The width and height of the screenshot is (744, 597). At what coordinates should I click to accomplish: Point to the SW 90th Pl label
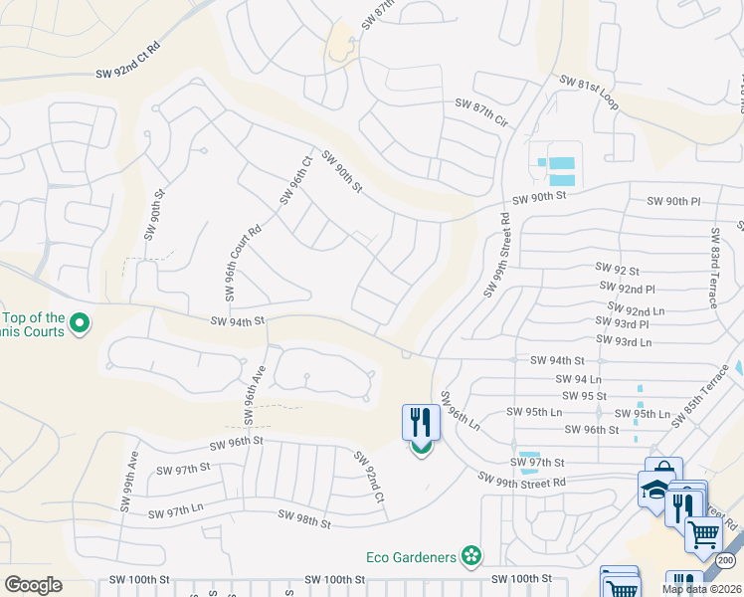tap(674, 202)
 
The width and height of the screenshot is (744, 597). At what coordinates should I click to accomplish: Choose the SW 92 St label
tap(617, 268)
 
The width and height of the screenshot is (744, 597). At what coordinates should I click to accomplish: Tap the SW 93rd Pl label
tap(623, 324)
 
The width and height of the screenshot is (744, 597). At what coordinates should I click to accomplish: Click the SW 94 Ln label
tap(581, 379)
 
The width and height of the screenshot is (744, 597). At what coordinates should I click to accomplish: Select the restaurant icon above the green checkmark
tap(421, 422)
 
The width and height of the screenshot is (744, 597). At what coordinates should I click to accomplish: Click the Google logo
tap(33, 585)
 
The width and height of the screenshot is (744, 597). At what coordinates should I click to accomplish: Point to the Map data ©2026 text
tap(701, 589)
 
